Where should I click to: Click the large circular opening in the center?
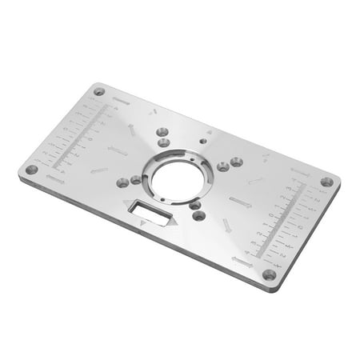click(x=177, y=179)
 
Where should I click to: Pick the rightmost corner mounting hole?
click(x=326, y=182)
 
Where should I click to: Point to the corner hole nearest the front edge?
click(x=269, y=274)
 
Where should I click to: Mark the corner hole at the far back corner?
click(x=99, y=91)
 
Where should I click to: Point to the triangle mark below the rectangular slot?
click(x=143, y=226)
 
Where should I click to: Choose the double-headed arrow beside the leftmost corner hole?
click(x=54, y=180)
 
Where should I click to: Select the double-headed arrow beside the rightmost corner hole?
click(x=300, y=171)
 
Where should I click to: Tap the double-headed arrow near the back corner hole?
click(x=122, y=101)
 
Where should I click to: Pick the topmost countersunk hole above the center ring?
click(x=163, y=130)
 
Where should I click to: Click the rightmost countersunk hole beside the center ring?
click(x=236, y=162)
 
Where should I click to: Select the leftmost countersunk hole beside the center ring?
click(x=122, y=182)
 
